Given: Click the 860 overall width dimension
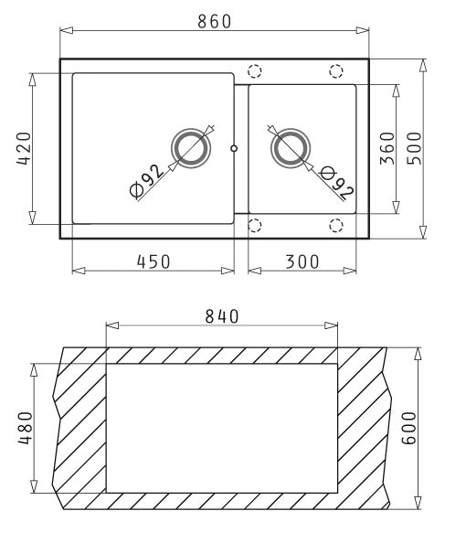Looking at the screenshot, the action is point(215,21).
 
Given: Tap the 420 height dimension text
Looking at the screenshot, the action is point(25,149).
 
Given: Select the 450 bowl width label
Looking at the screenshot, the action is point(154,261).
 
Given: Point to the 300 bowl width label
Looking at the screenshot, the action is point(302,261).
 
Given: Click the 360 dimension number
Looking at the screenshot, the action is point(387,148).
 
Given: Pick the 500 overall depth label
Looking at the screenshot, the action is point(414,148).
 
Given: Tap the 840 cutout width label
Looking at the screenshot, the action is point(222,316).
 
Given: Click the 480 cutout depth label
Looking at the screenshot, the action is point(26,428).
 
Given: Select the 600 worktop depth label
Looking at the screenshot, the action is point(408,428).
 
